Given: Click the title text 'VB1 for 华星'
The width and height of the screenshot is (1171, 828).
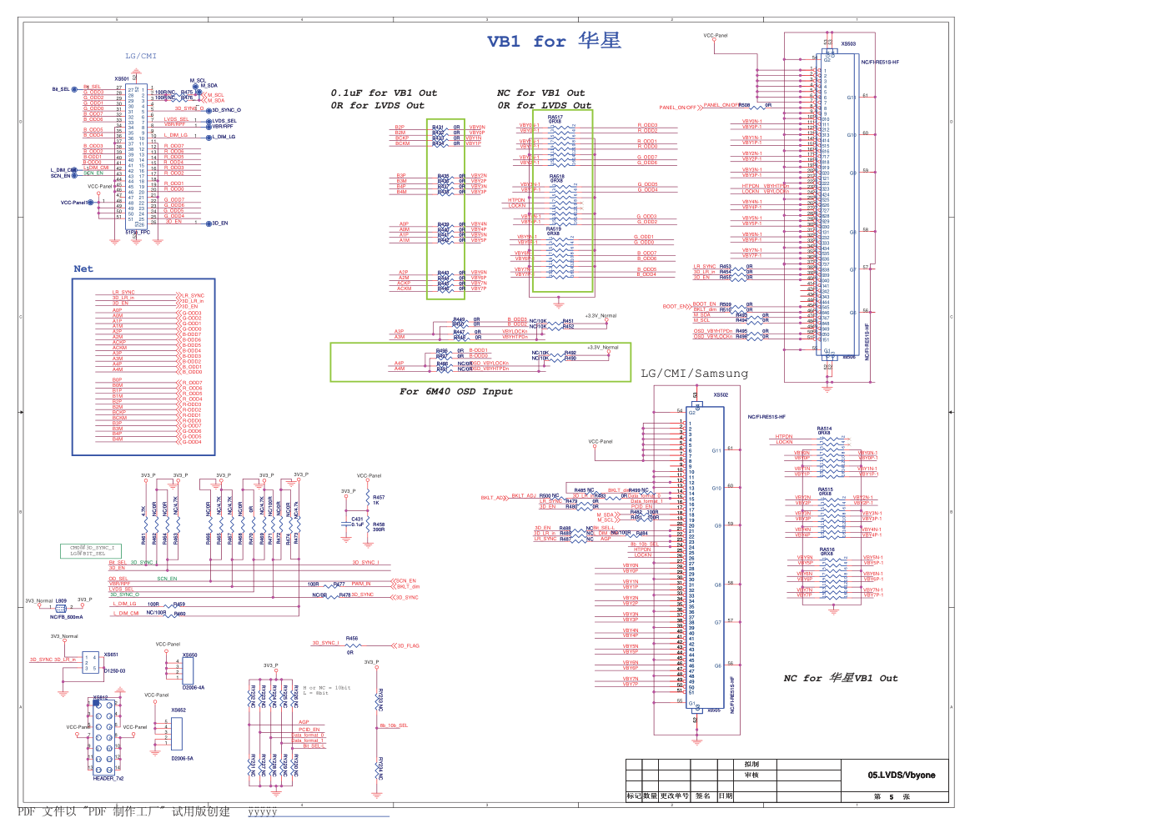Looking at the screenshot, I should coord(554,41).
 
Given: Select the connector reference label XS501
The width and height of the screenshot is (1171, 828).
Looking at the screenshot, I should coord(122,79).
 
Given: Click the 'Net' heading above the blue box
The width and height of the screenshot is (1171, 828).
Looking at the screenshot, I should coord(83,268).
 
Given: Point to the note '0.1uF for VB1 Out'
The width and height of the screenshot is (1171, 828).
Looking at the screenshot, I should coord(383,93).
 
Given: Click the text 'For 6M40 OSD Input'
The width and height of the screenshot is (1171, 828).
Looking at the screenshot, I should coord(455,391).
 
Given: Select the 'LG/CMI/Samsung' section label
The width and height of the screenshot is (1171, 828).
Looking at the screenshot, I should coord(694,374).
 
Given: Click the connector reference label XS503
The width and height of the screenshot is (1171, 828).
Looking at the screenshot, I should coord(847,44).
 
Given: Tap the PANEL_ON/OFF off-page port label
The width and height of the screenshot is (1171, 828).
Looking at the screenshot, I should coord(677,108).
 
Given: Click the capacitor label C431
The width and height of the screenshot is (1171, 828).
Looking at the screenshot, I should coord(357,519).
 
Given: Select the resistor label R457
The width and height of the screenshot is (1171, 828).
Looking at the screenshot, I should coord(379,498).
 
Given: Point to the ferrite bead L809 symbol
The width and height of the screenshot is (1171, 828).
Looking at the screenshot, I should coord(61,608).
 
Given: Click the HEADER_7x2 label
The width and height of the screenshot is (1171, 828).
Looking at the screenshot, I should coord(108,778).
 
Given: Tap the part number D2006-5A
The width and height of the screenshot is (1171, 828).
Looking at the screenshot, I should coord(182,759).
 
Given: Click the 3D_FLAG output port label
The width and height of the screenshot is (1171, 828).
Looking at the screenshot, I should coord(408,646).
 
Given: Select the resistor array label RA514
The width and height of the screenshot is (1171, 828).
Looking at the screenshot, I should coord(824,429).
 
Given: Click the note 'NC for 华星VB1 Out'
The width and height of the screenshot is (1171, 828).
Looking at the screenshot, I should coord(840,678).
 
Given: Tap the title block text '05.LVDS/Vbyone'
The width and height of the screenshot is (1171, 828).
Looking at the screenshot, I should coord(901,775).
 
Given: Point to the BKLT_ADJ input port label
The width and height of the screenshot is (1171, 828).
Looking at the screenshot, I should coord(494,498).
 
